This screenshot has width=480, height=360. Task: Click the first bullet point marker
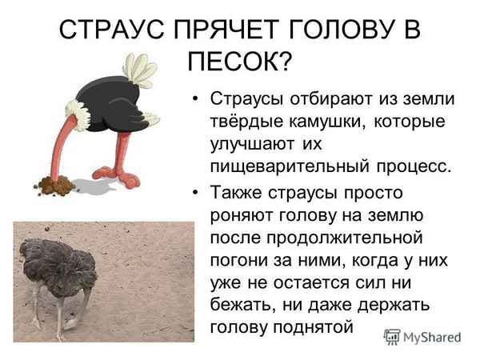[x=194, y=98]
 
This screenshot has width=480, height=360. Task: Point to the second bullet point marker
[x=194, y=193]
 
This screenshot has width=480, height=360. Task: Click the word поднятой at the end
[x=315, y=327]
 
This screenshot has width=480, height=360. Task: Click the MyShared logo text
[x=432, y=337]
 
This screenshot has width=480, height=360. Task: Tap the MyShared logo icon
[x=392, y=337]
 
